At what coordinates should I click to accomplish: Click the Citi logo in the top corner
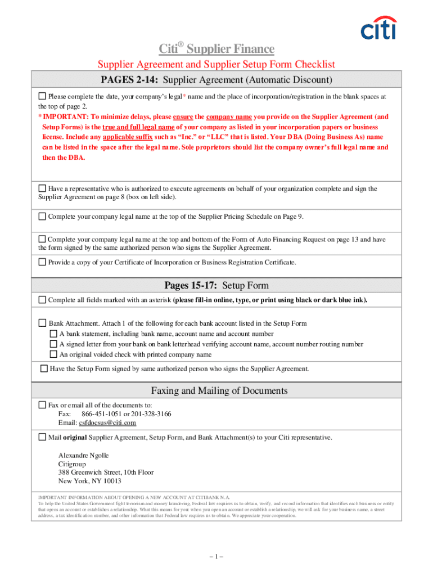click(377, 28)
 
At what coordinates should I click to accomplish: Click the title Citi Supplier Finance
click(216, 49)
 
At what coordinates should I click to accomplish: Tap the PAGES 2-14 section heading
click(216, 80)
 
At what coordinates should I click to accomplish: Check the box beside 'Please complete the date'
click(42, 96)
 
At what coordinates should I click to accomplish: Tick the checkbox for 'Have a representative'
click(42, 188)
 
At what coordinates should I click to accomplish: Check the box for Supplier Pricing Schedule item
click(42, 216)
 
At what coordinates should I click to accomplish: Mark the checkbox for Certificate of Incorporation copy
click(42, 262)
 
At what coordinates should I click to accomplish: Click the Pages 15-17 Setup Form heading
click(216, 285)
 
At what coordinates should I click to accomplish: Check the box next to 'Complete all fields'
click(42, 300)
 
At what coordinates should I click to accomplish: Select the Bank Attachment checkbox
click(42, 323)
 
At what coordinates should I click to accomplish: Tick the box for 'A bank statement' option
click(53, 334)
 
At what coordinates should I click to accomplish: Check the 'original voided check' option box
click(53, 354)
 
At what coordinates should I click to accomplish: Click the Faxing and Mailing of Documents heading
click(219, 390)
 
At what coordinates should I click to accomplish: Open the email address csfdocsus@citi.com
click(107, 422)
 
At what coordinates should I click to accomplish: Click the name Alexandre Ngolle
click(84, 455)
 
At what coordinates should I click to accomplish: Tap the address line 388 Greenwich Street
click(106, 472)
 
